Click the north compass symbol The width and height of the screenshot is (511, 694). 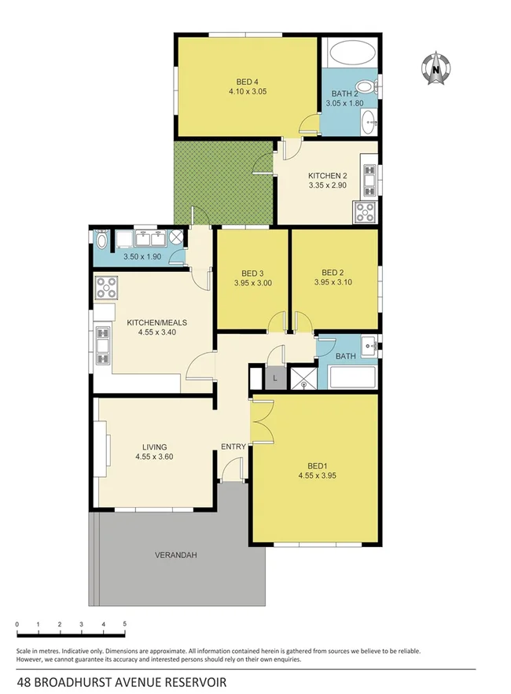click(434, 68)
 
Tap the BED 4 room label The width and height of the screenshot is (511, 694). click(248, 81)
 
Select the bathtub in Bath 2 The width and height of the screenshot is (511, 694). click(350, 55)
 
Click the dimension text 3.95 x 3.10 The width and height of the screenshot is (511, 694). click(328, 283)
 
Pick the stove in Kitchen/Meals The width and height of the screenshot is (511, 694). click(106, 288)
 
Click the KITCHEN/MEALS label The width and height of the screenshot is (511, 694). click(157, 322)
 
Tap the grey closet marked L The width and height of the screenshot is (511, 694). click(274, 378)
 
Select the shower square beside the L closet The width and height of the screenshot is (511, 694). click(300, 379)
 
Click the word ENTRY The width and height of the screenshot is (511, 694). click(233, 447)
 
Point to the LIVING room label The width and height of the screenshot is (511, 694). click(154, 447)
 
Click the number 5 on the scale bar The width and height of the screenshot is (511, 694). click(124, 624)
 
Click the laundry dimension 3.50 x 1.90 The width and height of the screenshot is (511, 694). click(142, 256)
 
